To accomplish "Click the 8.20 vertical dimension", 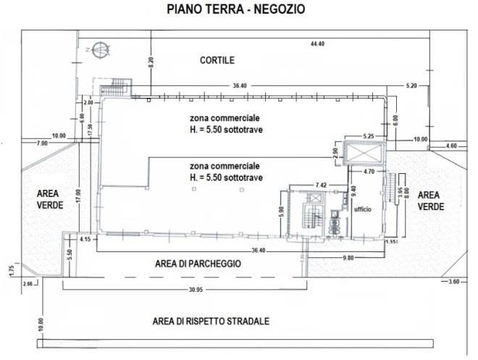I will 151,62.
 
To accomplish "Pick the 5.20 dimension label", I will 412,85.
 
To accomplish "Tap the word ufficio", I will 363,209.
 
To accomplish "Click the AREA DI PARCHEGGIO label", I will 198,264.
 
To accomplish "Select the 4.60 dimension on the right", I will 451,146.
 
